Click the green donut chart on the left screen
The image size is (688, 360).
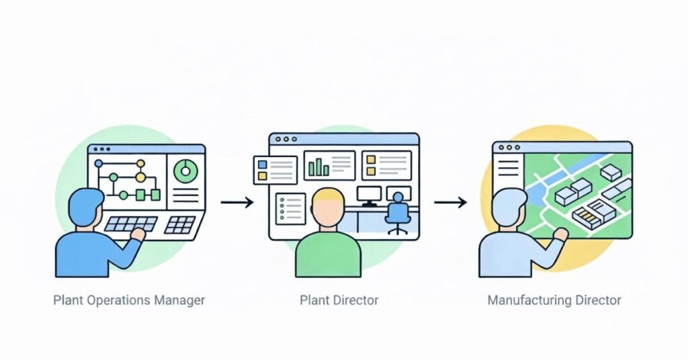point(185,171)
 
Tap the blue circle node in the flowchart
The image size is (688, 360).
point(99,163)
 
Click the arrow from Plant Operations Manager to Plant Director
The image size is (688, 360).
point(236,201)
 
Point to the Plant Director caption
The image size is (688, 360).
point(339,300)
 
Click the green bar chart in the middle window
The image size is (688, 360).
point(318,166)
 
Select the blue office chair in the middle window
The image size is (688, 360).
point(397,212)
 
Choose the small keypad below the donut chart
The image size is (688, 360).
point(180,224)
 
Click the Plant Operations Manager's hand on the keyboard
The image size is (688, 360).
point(139,234)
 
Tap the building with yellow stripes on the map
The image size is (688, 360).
point(586,216)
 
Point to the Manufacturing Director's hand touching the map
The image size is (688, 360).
point(559,234)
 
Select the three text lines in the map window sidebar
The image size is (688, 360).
point(509,165)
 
